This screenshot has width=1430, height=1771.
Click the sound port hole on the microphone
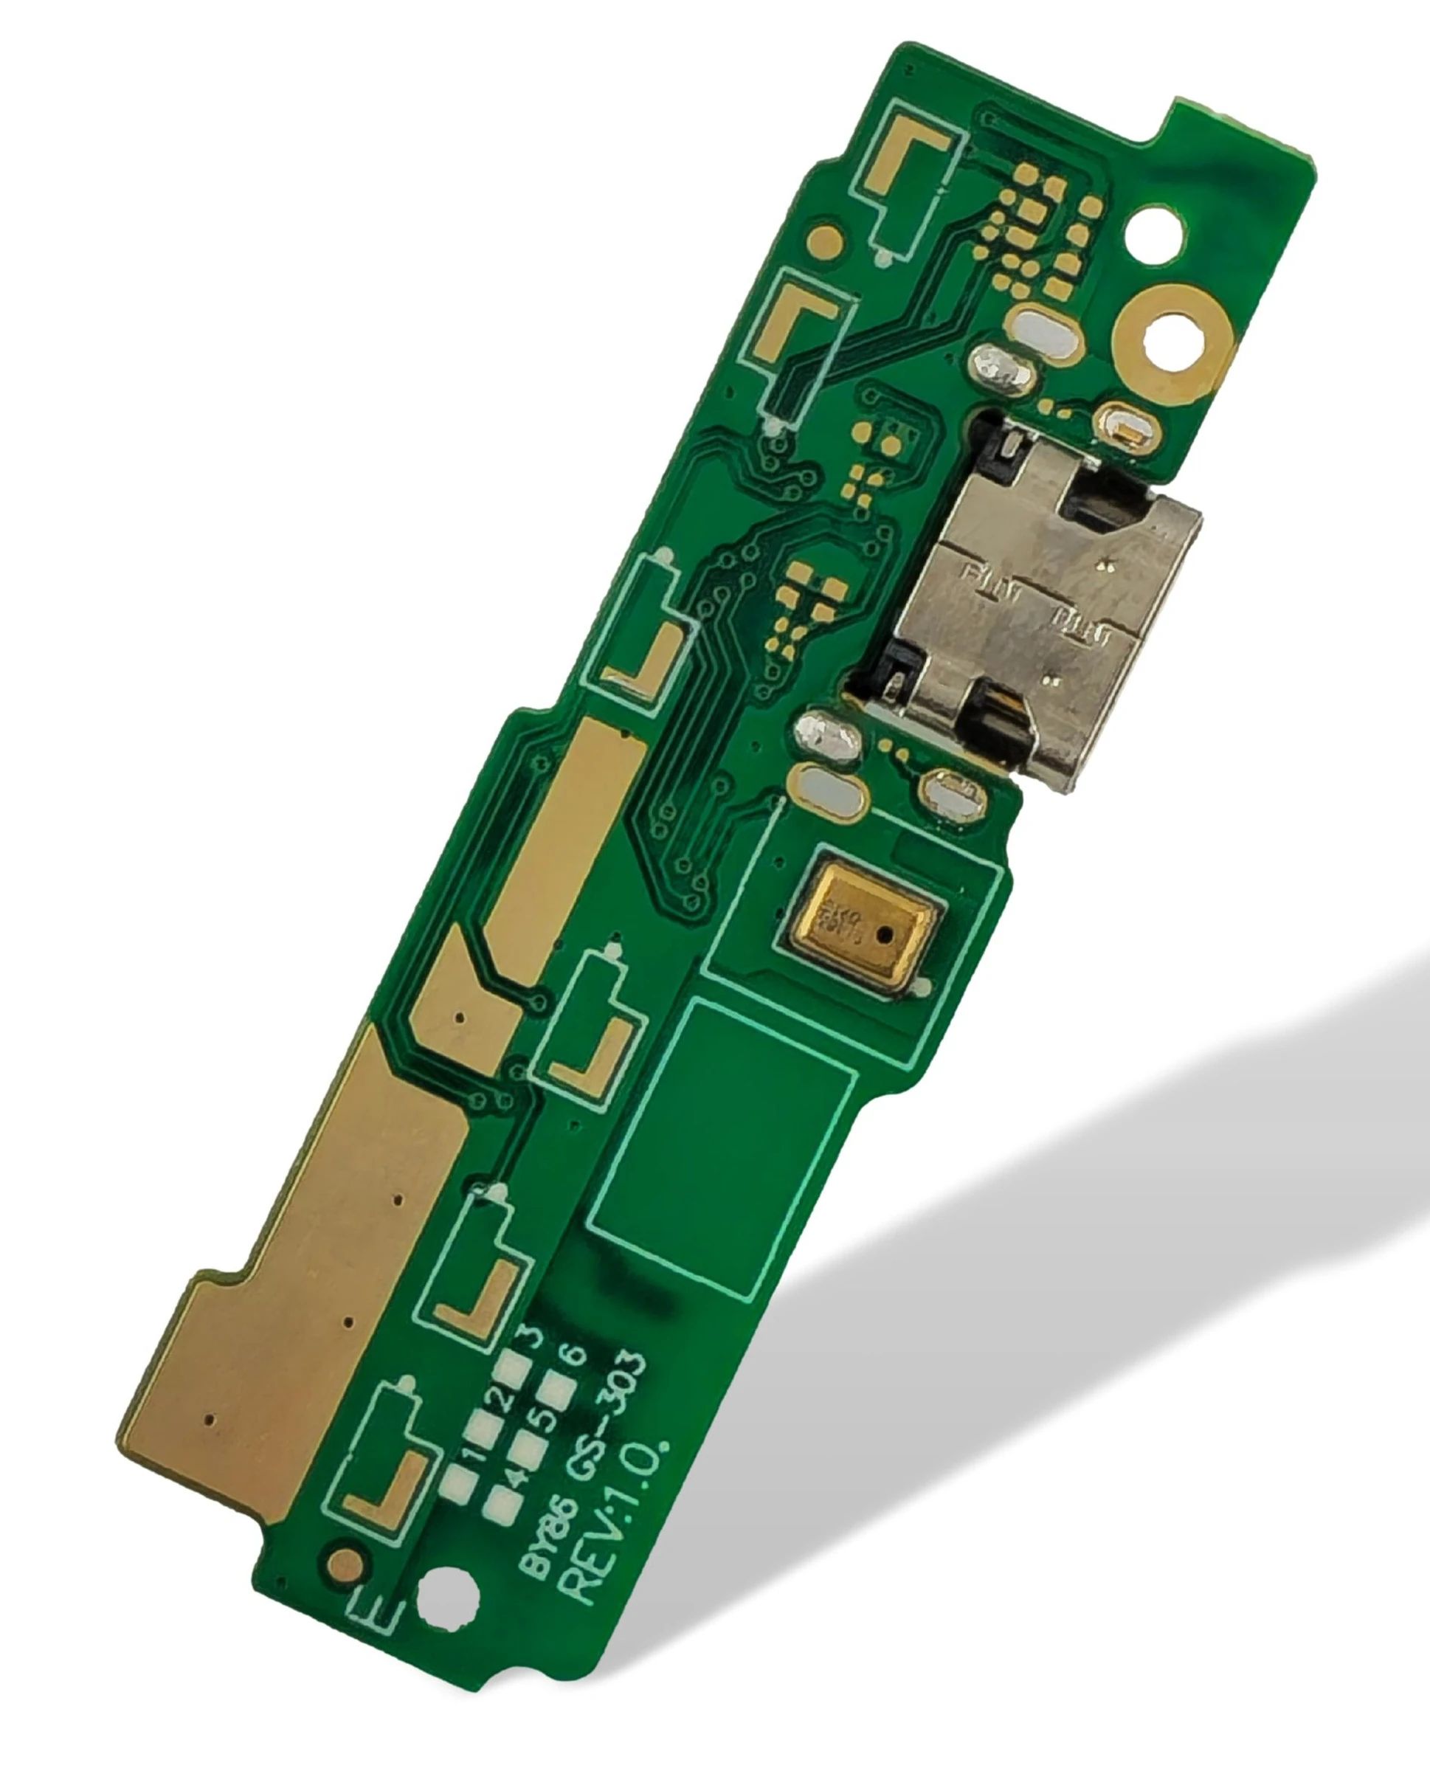pyautogui.click(x=884, y=936)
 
